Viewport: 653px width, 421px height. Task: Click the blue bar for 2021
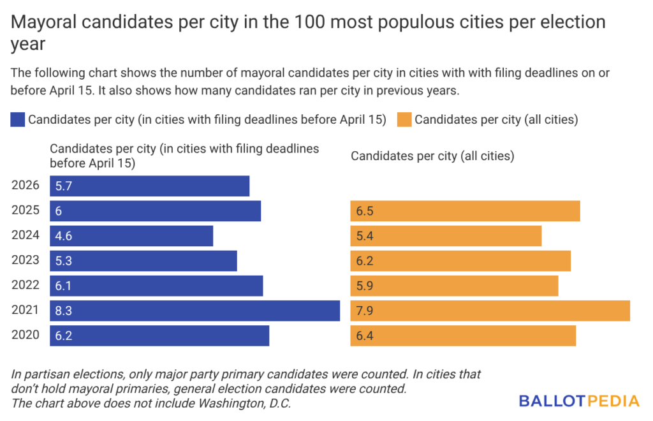[x=194, y=311]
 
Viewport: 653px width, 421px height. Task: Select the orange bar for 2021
[x=490, y=311]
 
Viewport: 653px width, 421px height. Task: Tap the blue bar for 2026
[x=149, y=186]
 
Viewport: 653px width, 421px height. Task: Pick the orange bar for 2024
[x=446, y=236]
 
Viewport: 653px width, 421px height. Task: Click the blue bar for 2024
[x=131, y=236]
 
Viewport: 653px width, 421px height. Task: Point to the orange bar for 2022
[x=454, y=286]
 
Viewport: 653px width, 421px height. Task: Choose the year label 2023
[x=26, y=260]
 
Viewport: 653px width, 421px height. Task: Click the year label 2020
[x=26, y=335]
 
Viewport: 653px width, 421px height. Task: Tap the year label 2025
[x=26, y=211]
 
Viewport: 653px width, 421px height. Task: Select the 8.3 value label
[x=63, y=311]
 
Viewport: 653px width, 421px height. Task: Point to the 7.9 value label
[x=364, y=311]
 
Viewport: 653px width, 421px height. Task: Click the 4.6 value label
[x=63, y=236]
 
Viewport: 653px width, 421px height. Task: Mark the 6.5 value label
[x=364, y=211]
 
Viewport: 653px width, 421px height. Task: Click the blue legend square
[x=18, y=119]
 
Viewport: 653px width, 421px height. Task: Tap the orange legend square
[x=404, y=119]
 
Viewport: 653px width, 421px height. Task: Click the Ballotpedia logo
[x=578, y=401]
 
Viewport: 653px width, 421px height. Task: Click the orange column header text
[x=432, y=155]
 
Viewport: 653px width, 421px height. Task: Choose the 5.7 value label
[x=63, y=186]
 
